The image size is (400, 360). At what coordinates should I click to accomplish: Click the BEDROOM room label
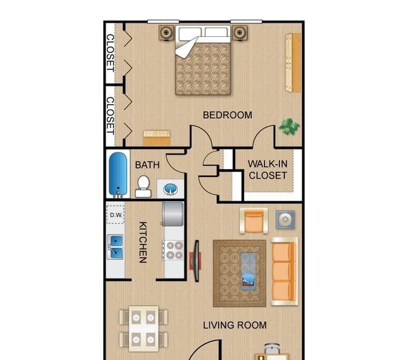[227, 115]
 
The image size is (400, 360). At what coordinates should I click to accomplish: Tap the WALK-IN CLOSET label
[268, 170]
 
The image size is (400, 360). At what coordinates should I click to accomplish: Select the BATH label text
[147, 165]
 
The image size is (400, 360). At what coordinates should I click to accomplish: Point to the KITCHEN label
[143, 242]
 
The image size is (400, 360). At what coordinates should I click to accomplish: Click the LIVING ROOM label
[234, 326]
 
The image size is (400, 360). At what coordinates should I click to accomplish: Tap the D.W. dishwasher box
[116, 215]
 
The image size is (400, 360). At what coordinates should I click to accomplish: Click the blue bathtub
[118, 175]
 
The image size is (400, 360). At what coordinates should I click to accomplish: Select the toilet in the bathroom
[143, 186]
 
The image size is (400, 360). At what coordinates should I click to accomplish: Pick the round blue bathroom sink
[170, 189]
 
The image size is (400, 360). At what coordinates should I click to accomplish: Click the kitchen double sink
[115, 247]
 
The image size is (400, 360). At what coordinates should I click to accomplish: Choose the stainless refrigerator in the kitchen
[173, 214]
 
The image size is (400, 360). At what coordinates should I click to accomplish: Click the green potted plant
[289, 127]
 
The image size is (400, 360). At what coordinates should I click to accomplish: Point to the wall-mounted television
[196, 261]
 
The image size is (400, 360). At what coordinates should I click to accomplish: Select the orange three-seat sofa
[284, 271]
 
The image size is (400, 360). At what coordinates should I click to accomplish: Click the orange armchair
[254, 221]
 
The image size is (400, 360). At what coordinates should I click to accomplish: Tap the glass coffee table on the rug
[249, 271]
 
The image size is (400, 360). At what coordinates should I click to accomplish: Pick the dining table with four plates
[143, 329]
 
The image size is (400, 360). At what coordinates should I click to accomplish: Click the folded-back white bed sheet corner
[186, 47]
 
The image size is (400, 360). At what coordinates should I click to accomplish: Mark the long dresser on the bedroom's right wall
[293, 63]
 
